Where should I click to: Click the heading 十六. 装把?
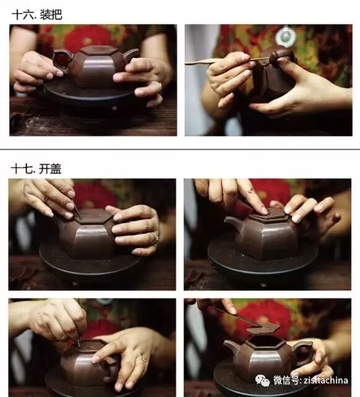click(x=37, y=14)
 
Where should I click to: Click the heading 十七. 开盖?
click(x=36, y=169)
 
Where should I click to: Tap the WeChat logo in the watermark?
click(x=262, y=380)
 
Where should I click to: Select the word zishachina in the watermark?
click(x=326, y=380)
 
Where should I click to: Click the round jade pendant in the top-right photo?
click(x=286, y=36)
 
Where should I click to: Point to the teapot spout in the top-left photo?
click(x=131, y=55)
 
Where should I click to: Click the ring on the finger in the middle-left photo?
click(x=155, y=238)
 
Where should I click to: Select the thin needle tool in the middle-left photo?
click(x=77, y=211)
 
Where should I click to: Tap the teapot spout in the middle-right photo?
click(x=233, y=224)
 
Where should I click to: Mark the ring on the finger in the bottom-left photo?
click(x=144, y=359)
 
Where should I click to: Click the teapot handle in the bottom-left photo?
click(x=109, y=367)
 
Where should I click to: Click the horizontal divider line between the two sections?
click(x=180, y=150)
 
